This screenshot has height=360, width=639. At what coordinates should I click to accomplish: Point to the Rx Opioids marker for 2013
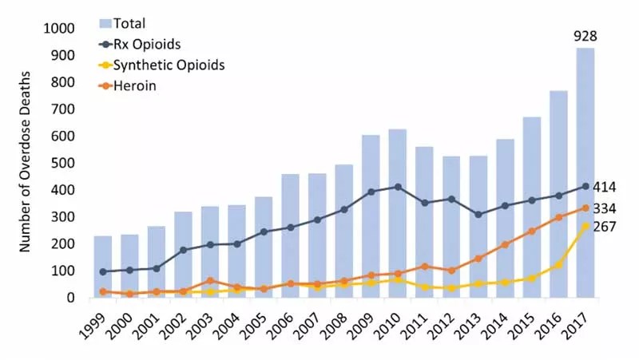pos(478,214)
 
